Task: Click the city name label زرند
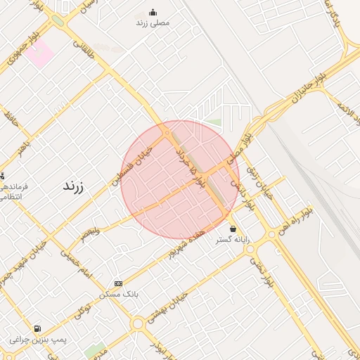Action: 73,186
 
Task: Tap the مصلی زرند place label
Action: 153,22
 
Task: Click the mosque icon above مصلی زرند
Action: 153,12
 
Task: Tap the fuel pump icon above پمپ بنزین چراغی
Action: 37,328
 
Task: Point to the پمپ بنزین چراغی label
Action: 38,340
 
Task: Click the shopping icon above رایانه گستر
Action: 233,229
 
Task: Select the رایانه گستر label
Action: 233,240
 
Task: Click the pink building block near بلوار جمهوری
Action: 40,53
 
